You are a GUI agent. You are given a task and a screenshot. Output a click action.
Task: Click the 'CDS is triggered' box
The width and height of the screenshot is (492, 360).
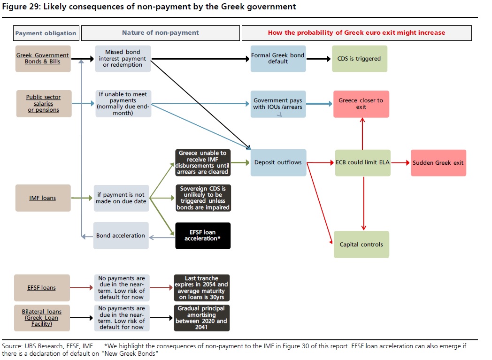click(359, 59)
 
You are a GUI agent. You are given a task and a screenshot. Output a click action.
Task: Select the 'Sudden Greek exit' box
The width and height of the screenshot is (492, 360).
click(438, 163)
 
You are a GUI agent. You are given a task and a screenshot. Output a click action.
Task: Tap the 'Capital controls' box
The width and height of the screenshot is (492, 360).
click(361, 245)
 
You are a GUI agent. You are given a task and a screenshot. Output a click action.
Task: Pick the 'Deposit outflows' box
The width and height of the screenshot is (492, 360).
click(278, 163)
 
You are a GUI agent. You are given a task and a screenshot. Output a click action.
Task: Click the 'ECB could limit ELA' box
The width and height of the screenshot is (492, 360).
click(362, 163)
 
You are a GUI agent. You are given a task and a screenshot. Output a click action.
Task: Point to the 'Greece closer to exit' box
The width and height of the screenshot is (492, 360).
click(361, 104)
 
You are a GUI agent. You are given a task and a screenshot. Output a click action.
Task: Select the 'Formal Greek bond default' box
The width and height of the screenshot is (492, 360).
click(278, 59)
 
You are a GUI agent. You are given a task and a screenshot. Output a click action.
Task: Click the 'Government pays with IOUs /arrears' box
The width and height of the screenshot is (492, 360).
click(278, 104)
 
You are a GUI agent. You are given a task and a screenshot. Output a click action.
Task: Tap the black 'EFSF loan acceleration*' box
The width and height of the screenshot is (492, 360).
click(202, 236)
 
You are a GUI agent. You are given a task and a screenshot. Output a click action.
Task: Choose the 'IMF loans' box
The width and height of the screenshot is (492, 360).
click(43, 198)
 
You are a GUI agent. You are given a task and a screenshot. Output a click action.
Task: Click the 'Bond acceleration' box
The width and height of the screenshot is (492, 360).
click(121, 236)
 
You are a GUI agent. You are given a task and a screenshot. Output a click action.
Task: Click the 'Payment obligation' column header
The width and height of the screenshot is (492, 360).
click(46, 33)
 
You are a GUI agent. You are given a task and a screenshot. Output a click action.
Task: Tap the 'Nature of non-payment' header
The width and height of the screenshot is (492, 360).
click(160, 33)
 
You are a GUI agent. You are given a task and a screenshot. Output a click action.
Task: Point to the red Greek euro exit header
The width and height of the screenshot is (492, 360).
click(356, 33)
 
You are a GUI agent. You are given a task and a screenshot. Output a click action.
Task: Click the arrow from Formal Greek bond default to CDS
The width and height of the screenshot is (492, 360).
click(318, 59)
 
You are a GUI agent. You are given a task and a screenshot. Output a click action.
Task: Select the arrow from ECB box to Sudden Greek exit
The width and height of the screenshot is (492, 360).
click(400, 163)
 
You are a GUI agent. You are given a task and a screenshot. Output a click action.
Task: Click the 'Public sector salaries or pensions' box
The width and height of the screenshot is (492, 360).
click(44, 104)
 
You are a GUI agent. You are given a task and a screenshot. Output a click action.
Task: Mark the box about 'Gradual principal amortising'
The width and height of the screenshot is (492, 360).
click(201, 318)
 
